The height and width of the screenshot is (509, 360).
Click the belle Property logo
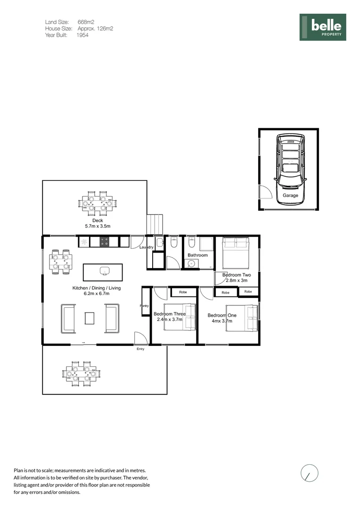click(323, 27)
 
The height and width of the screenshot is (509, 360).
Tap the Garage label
click(290, 195)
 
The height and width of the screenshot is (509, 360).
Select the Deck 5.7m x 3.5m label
click(97, 223)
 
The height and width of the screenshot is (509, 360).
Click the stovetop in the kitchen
click(105, 242)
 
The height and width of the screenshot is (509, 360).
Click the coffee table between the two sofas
click(90, 318)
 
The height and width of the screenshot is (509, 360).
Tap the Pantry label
click(144, 306)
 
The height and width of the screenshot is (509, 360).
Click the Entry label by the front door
click(140, 349)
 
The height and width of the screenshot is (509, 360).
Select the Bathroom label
click(197, 255)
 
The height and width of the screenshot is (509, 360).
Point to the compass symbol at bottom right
click(309, 473)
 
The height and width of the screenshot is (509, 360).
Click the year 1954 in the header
click(82, 35)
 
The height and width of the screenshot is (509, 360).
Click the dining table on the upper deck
click(98, 203)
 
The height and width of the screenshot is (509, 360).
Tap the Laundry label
click(147, 247)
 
